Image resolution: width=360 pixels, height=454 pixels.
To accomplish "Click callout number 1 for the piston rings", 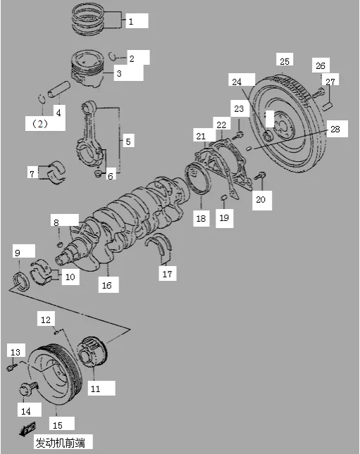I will pos(131,22).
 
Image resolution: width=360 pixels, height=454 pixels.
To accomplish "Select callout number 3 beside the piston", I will pos(119,72).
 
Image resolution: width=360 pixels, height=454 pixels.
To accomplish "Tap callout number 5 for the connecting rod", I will pos(128,142).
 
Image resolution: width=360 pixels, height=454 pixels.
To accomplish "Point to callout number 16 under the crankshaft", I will pos(106,285).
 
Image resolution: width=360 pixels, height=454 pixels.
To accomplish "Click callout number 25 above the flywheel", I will pos(284,61).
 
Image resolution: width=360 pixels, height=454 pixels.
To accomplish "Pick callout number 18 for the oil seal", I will pos(201,219).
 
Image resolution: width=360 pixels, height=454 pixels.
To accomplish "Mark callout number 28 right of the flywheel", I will pos(335,128).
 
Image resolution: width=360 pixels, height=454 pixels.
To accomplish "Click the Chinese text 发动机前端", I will pos(63,443).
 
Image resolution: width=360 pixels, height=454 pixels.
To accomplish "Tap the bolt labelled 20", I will pos(262,175).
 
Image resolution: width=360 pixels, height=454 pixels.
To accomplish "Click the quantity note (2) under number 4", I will pos(40,124).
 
